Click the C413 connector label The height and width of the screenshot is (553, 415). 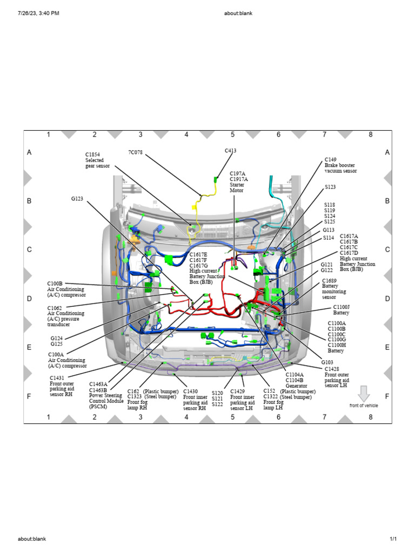[x=230, y=151]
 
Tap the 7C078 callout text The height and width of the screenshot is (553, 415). [x=135, y=152]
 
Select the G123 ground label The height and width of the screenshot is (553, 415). [x=77, y=199]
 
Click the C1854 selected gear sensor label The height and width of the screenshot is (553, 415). [x=92, y=154]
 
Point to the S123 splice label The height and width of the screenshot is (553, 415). [x=330, y=187]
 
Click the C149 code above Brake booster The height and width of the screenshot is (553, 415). [x=330, y=159]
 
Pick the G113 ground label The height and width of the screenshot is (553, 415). [x=328, y=230]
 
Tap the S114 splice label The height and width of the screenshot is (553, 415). [x=329, y=238]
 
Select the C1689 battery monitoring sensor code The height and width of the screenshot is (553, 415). [x=329, y=281]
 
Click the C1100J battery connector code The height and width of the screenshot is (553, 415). [x=342, y=307]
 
